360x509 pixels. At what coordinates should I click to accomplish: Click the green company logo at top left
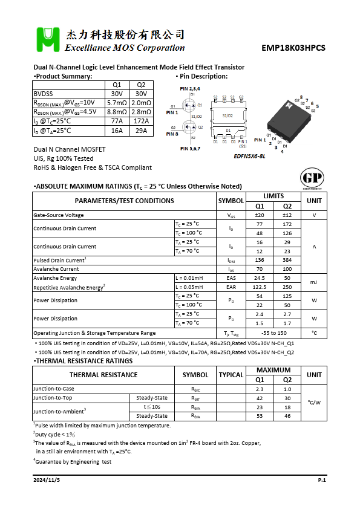tap(47, 40)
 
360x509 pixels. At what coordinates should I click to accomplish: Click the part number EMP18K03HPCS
tap(293, 48)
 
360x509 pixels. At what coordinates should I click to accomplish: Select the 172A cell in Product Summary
tap(141, 121)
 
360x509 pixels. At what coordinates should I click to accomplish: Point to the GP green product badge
tap(312, 179)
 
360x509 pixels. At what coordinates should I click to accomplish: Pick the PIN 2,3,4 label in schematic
tap(189, 89)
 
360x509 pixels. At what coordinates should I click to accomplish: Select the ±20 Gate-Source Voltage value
tap(260, 215)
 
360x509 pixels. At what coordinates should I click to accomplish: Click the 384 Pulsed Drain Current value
tap(287, 260)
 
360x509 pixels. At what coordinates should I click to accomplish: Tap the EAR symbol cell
tap(231, 287)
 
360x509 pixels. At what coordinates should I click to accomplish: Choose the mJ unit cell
tap(314, 282)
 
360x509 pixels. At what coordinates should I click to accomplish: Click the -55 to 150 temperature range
tap(273, 333)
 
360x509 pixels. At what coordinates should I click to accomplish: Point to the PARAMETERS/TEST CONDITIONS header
tap(124, 201)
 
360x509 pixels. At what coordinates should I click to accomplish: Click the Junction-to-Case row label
tap(54, 389)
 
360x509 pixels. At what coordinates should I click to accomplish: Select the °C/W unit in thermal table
tap(314, 402)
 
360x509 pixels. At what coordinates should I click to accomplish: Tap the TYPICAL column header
tap(231, 375)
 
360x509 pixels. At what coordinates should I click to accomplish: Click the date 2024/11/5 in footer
tap(47, 479)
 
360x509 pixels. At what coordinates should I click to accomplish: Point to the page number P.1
tap(322, 479)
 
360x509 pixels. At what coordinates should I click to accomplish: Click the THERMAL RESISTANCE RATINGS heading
tap(84, 361)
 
